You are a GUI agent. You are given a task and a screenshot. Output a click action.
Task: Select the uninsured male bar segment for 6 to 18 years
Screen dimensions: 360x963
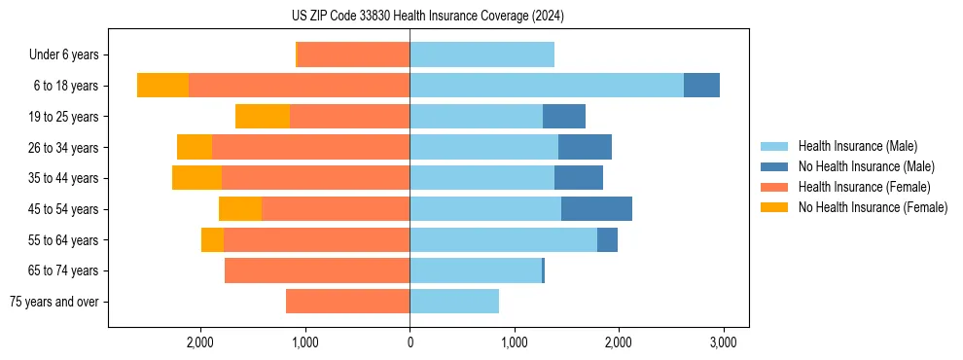(x=701, y=86)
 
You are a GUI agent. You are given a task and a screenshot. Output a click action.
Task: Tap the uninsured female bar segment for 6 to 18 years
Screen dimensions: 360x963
(x=162, y=86)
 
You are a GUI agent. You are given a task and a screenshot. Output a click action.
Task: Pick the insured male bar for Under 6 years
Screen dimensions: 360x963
(x=481, y=54)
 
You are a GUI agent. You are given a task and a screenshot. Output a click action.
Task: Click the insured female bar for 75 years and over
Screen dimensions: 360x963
(x=347, y=302)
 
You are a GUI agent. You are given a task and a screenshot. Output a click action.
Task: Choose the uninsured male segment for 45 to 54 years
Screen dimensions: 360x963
(x=596, y=209)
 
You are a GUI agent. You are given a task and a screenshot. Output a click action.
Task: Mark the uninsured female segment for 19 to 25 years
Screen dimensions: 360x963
(x=263, y=117)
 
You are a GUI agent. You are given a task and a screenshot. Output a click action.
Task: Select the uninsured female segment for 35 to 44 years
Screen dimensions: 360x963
(x=196, y=178)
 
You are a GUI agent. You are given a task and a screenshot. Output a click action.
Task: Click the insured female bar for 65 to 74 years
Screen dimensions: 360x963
(x=317, y=270)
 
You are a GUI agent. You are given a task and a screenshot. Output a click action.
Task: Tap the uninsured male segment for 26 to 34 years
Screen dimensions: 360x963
(x=585, y=147)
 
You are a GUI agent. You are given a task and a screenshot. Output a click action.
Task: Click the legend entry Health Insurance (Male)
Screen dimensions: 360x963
(x=857, y=146)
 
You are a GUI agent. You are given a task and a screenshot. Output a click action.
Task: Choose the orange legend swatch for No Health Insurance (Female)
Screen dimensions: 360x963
(x=775, y=207)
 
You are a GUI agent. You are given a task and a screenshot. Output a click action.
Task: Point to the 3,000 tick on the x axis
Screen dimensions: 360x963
(x=722, y=343)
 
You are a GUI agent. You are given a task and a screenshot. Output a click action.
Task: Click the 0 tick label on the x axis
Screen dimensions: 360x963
(x=410, y=343)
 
